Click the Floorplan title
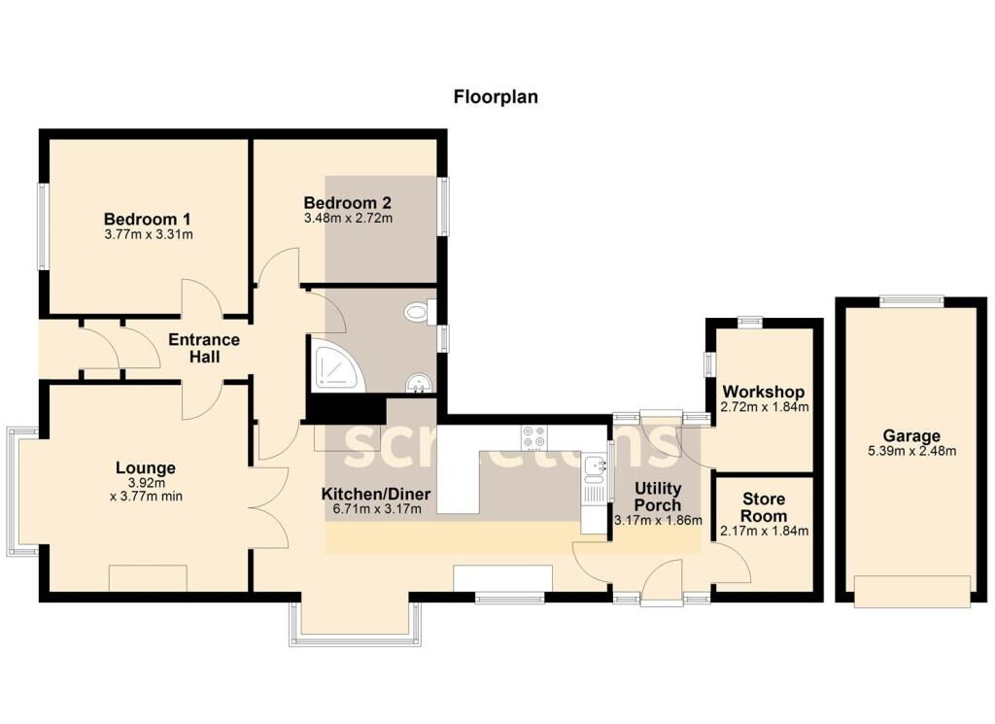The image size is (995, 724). (x=496, y=97)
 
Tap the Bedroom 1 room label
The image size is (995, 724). (x=148, y=219)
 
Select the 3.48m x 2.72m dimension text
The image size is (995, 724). (x=348, y=219)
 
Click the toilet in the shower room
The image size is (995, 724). (x=420, y=312)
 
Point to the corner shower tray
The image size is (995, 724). (x=336, y=362)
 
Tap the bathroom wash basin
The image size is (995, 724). (x=419, y=383)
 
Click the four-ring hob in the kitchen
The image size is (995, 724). (x=533, y=437)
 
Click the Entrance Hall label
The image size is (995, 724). (x=204, y=348)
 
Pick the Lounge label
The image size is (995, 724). (x=146, y=467)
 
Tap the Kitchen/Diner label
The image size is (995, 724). (x=376, y=494)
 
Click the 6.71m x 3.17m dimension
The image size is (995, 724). (x=377, y=508)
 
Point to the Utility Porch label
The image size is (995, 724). (x=658, y=497)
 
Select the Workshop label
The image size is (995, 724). (x=764, y=392)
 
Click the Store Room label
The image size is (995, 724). (x=764, y=507)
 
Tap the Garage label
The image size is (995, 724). (x=911, y=436)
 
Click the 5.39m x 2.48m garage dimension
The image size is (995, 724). (x=911, y=451)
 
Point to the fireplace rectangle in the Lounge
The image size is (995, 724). (x=149, y=578)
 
